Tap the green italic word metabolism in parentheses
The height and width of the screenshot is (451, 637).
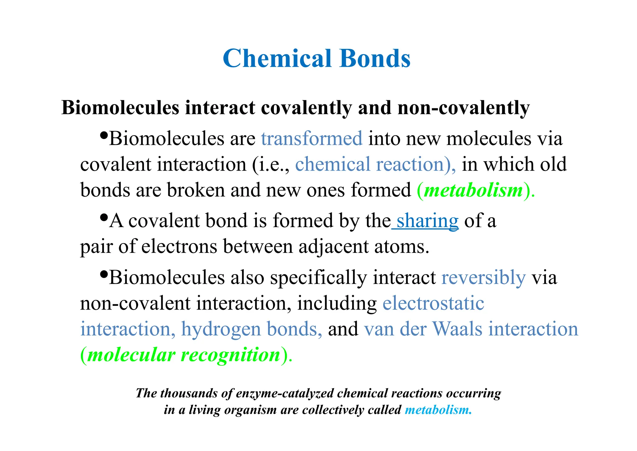pos(473,190)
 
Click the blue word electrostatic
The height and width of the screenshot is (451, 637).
pos(433,303)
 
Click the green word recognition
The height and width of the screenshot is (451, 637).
pos(231,355)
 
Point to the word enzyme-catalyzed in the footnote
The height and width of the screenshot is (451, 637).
pos(285,393)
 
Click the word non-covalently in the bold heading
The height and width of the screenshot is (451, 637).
pos(463,108)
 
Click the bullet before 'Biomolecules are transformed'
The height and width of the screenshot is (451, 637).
pos(104,135)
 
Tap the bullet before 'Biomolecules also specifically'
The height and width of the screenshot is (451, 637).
pos(104,274)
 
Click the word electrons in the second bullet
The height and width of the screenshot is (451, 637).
pos(179,247)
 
